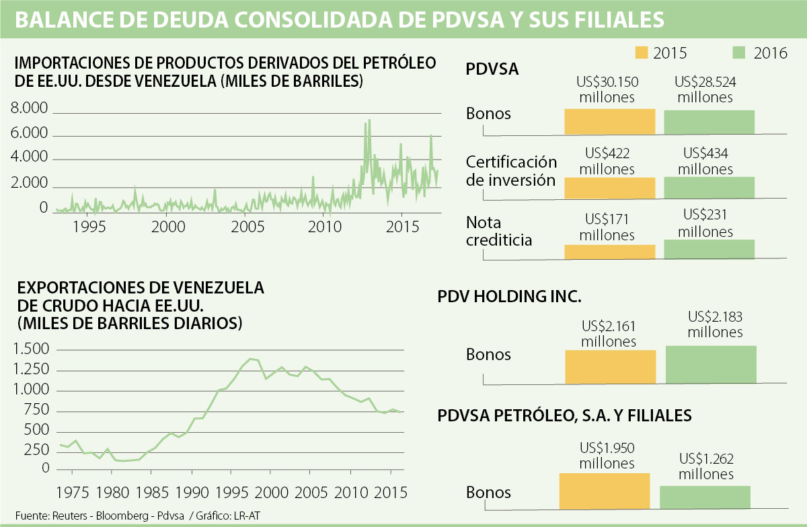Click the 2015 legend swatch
coord(641,52)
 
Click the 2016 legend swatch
coord(739,52)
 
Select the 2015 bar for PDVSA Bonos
coord(609,121)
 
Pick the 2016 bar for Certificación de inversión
coord(709,187)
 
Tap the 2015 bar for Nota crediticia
coord(609,252)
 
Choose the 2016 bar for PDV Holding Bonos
coord(711,364)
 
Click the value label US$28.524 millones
coord(705,90)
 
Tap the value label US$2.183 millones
coord(715,324)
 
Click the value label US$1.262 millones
coord(706,466)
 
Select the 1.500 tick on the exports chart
coord(31,350)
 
